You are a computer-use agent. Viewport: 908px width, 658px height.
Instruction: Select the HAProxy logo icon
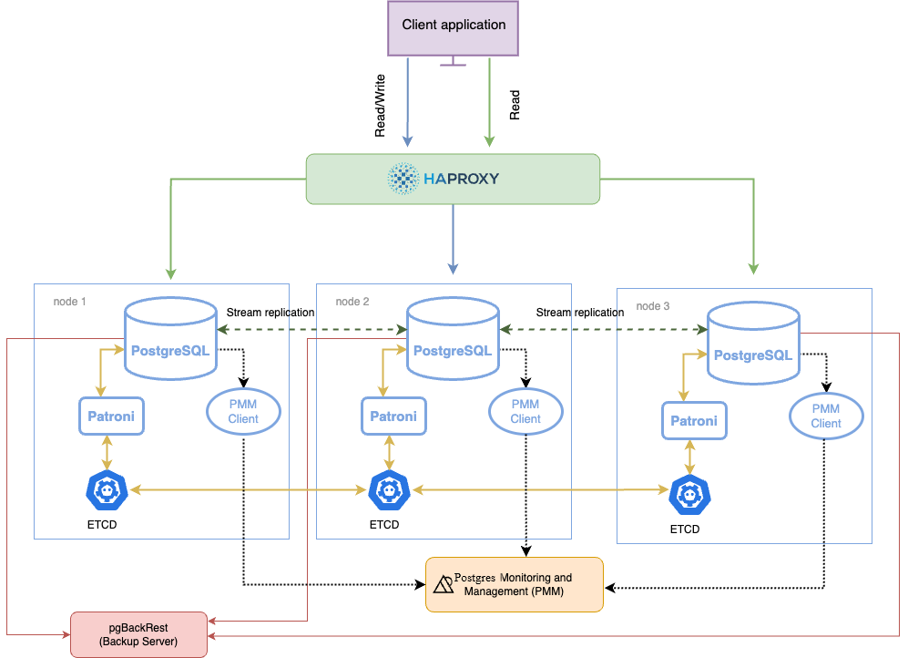[x=403, y=179]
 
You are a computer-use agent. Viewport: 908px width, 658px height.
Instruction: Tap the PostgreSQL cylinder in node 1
[x=170, y=341]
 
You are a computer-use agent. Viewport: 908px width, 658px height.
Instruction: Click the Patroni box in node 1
[x=112, y=416]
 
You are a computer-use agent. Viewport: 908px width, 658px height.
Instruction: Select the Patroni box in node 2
[x=393, y=416]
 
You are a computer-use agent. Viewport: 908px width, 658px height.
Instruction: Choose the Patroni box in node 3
[x=694, y=420]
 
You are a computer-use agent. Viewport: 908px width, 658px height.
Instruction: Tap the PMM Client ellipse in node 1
[x=243, y=412]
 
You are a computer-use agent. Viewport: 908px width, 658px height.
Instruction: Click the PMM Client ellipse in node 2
[x=525, y=412]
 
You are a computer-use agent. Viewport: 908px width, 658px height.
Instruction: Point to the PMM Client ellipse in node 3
[x=826, y=416]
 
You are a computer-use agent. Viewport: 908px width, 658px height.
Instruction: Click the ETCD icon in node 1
[x=107, y=491]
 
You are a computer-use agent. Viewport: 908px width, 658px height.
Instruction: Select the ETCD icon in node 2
[x=390, y=491]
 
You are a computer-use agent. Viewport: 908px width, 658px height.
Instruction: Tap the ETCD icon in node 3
[x=689, y=496]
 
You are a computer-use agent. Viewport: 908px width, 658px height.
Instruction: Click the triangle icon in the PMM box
[x=444, y=585]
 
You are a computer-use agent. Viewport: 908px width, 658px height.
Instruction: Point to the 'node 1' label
[x=71, y=302]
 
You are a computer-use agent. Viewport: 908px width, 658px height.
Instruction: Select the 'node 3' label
[x=653, y=306]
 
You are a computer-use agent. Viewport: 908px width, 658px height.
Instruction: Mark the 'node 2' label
[x=352, y=302]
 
